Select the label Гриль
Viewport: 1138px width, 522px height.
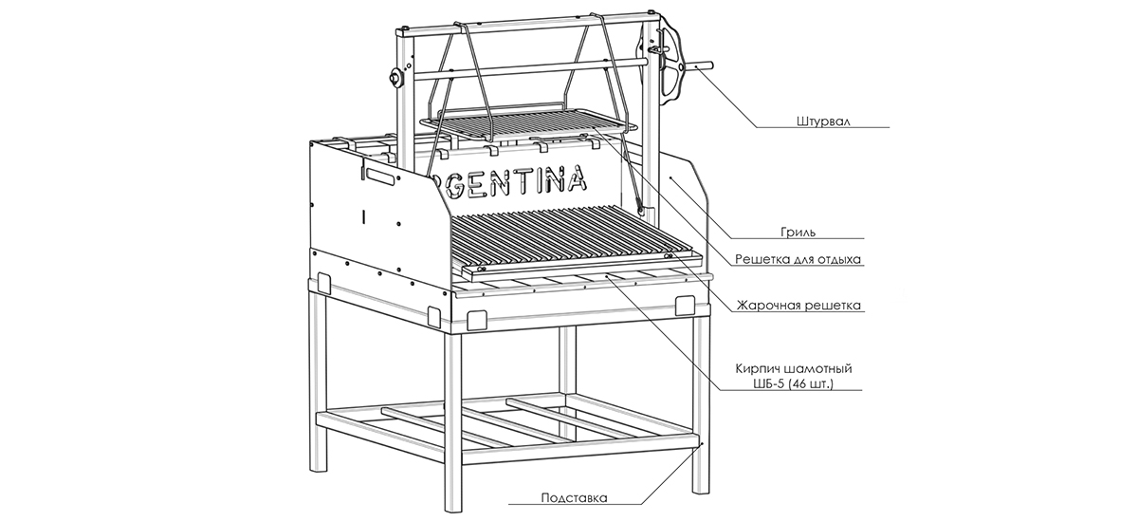[x=798, y=231]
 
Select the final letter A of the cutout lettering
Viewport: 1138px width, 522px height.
[x=576, y=177]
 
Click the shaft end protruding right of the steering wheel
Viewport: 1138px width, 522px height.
[x=704, y=66]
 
